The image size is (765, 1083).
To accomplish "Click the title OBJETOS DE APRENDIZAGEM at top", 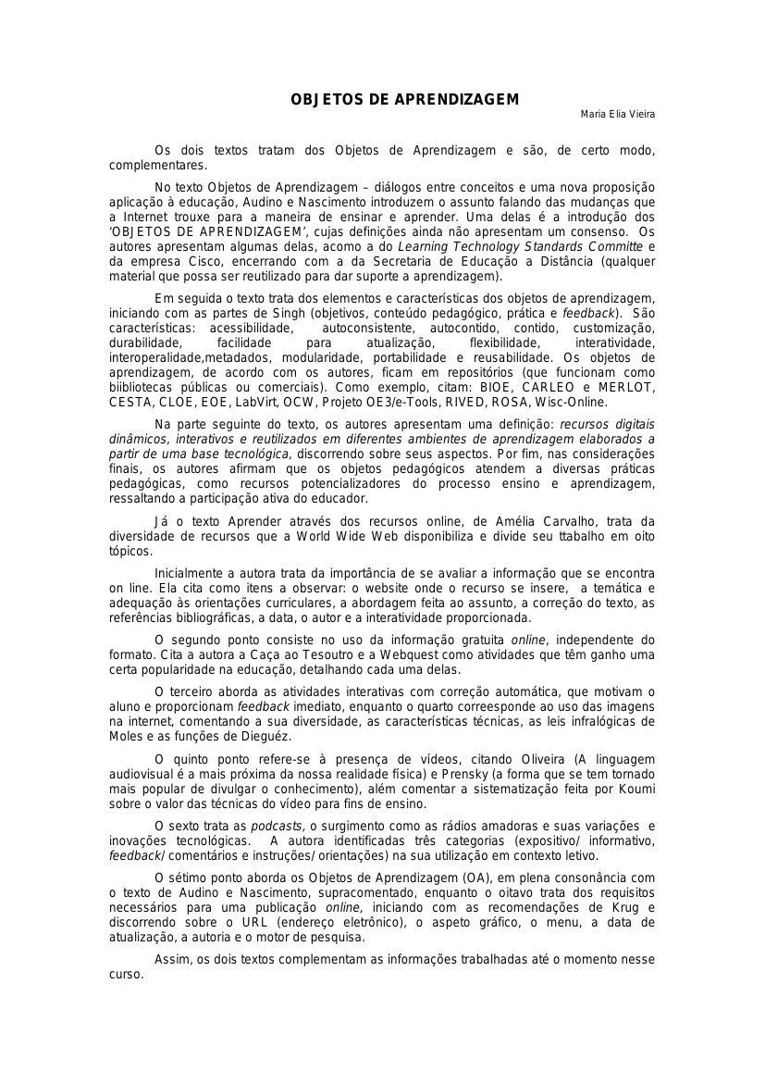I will click(405, 99).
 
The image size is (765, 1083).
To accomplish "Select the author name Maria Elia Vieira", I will click(617, 114).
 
